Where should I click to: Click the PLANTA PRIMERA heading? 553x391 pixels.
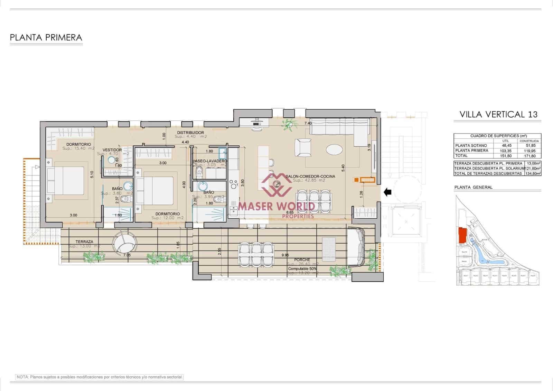click(46, 37)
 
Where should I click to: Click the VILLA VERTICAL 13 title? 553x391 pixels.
click(498, 115)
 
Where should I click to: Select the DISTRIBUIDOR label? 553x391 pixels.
click(190, 133)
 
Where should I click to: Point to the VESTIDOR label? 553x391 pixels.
click(112, 150)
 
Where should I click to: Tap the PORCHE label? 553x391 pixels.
click(302, 260)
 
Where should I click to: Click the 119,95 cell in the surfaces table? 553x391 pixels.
click(529, 151)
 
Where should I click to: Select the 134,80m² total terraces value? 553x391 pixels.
click(533, 174)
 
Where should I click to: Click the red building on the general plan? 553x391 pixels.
click(462, 236)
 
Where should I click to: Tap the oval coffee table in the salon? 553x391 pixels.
click(334, 150)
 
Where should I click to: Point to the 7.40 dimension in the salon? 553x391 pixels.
click(308, 123)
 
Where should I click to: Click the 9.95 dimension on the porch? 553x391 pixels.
click(285, 255)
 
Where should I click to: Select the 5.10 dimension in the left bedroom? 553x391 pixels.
click(91, 175)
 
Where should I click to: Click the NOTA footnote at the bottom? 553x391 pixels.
click(100, 377)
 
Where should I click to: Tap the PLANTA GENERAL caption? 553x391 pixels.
click(473, 187)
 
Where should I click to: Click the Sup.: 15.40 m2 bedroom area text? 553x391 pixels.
click(78, 148)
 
